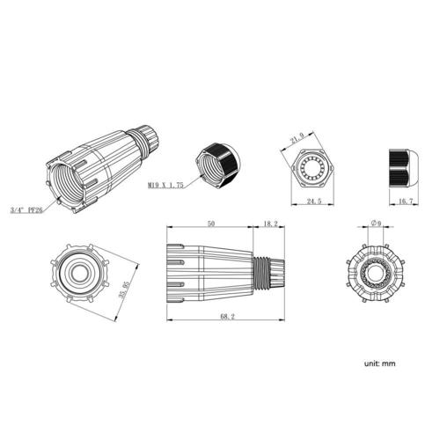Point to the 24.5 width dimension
click(312, 202)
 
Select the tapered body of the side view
click(209, 266)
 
